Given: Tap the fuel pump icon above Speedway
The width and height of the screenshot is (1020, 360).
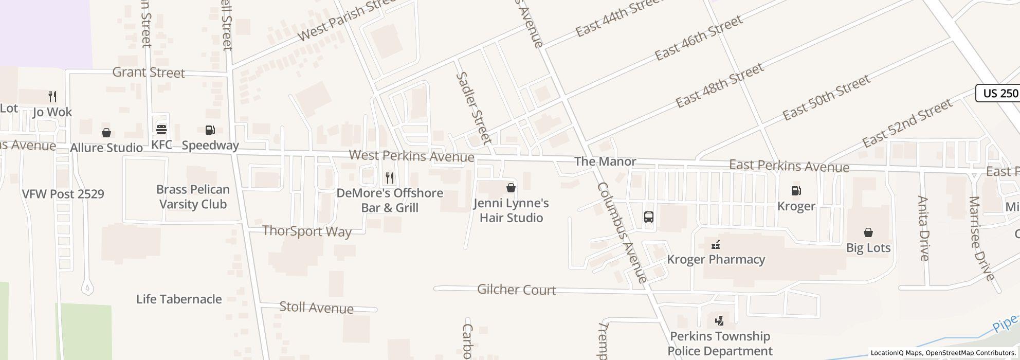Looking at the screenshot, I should click(210, 130).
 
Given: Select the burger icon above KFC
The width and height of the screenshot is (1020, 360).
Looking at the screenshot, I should click(161, 130).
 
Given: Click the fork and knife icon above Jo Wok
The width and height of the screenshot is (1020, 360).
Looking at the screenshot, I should click(52, 96).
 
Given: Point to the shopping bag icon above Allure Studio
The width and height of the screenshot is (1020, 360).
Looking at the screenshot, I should click(106, 133).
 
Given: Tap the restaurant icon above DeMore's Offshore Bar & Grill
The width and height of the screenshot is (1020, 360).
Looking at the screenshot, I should click(390, 178).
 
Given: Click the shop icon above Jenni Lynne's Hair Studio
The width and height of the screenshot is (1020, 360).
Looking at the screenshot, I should click(511, 188).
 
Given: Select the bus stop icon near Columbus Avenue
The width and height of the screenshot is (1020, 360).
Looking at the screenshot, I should click(649, 217).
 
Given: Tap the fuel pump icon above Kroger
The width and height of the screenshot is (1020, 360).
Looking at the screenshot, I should click(796, 191).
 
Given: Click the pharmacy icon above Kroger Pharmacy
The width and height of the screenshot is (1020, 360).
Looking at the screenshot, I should click(716, 244).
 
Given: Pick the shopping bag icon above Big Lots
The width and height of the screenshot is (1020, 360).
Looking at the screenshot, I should click(868, 232).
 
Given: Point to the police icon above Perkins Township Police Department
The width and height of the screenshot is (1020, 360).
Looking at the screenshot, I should click(720, 321).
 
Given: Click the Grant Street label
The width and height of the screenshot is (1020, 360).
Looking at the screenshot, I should click(149, 73).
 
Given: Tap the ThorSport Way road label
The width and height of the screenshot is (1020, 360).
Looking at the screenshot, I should click(307, 231).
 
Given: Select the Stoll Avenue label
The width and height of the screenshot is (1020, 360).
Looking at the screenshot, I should click(316, 308).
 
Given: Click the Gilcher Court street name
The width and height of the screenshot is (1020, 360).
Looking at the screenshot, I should click(517, 290).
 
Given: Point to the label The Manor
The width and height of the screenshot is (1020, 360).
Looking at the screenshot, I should click(605, 161).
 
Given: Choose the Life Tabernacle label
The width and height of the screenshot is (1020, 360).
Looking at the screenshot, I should click(179, 299).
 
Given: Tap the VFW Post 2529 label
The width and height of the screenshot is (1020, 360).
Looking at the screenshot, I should click(63, 194).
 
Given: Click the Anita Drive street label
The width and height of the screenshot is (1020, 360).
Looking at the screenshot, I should click(923, 228).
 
